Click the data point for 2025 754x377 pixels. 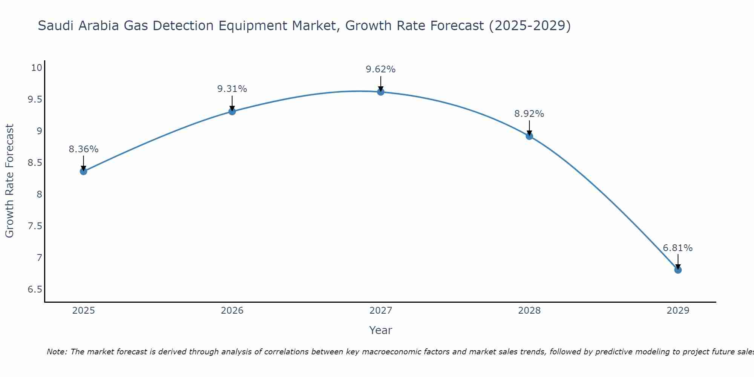[83, 172]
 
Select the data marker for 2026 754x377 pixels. [232, 111]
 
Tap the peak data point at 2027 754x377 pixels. [380, 92]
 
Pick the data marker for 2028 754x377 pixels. [529, 136]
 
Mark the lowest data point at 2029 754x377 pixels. [677, 270]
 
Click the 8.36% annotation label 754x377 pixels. [83, 149]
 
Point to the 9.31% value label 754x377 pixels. [232, 89]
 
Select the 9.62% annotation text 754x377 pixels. [380, 69]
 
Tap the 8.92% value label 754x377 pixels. [529, 114]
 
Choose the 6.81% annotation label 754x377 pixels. [677, 248]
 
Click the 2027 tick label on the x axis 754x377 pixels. [380, 311]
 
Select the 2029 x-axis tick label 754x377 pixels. [677, 311]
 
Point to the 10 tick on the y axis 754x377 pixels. [36, 68]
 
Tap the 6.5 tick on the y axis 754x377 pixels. [34, 290]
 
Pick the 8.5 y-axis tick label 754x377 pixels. [34, 163]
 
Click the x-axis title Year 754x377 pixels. [380, 330]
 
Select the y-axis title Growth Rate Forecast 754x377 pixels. [10, 181]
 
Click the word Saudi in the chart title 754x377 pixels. [53, 26]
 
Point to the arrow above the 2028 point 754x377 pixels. [529, 127]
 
